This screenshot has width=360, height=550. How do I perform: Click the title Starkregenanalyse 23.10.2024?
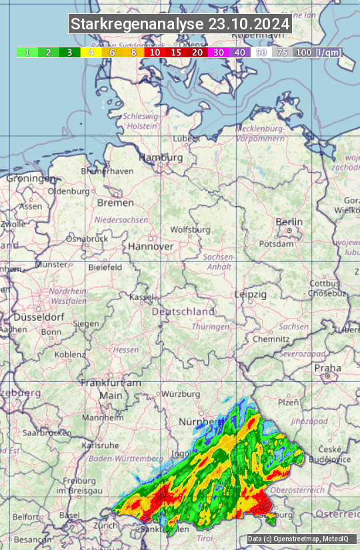(180, 25)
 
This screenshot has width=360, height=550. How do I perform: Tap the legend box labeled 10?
(155, 52)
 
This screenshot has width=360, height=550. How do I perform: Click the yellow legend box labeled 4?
(91, 52)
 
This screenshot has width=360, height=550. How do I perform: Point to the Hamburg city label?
(160, 158)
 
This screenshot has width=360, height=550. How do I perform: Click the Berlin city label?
(289, 222)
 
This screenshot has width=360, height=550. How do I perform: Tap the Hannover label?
(151, 247)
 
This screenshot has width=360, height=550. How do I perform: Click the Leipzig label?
(251, 294)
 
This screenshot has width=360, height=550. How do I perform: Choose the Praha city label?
(327, 368)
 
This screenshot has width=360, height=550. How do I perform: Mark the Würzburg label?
(181, 394)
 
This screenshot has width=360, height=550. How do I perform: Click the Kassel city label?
(141, 297)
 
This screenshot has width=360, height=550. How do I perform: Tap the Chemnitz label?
(271, 339)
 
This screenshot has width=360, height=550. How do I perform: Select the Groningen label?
(31, 179)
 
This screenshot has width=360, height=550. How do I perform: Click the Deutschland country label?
(183, 311)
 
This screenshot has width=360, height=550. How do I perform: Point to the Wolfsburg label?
(190, 229)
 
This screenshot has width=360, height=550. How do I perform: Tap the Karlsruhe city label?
(100, 445)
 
